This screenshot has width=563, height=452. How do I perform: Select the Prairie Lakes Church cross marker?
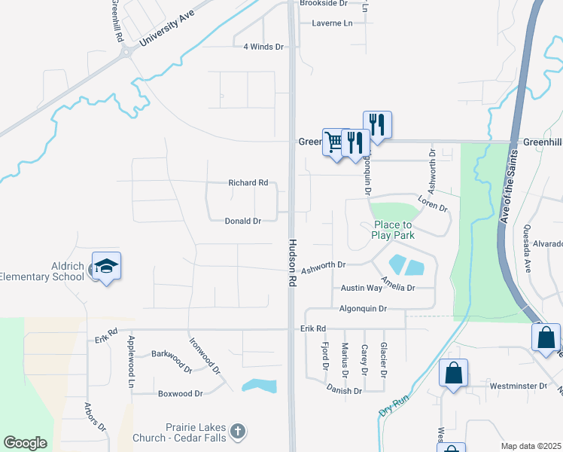[x=237, y=432]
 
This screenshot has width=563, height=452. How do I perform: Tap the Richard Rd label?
[x=248, y=182]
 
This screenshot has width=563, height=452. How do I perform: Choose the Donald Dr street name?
[x=242, y=221]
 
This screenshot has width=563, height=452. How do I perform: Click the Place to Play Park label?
[x=393, y=230]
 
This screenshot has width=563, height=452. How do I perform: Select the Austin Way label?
[x=361, y=289]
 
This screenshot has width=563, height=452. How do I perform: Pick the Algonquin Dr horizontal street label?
[x=363, y=309]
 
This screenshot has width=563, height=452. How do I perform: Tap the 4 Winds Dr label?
[x=263, y=47]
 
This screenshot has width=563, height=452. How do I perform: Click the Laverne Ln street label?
[x=332, y=23]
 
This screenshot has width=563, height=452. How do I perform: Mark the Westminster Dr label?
[x=518, y=386]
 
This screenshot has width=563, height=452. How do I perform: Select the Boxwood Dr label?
[x=180, y=393]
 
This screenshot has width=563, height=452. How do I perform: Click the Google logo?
[x=25, y=443]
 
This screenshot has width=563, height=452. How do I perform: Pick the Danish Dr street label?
[x=344, y=390]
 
